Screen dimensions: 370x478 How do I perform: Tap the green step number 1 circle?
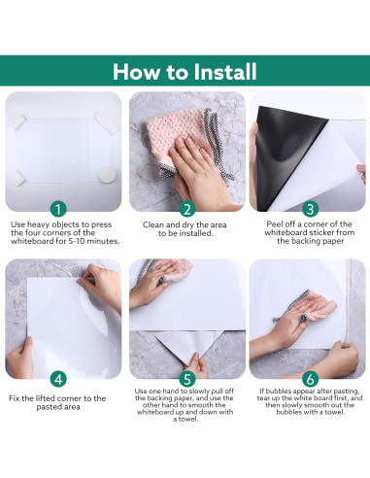point(58,210)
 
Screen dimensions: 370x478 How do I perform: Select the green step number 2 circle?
point(187,210)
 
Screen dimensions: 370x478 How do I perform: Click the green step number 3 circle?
point(310,209)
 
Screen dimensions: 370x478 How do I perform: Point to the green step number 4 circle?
point(58,379)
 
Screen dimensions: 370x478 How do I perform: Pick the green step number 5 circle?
point(187,379)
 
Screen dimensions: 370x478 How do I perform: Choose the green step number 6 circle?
point(310,379)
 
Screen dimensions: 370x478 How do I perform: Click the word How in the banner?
point(137,72)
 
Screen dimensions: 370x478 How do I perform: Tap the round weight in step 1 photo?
point(106,175)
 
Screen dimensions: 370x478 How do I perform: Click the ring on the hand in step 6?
point(303,319)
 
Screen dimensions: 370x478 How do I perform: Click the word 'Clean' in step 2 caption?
point(153,224)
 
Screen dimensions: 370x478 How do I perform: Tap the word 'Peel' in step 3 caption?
point(274,224)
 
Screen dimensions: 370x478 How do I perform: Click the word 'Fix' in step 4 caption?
point(14,398)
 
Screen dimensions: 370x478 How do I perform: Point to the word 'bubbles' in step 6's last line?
point(288,412)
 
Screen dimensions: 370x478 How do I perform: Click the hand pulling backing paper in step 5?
point(196,365)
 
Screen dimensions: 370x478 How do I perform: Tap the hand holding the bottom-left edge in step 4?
point(20,358)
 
